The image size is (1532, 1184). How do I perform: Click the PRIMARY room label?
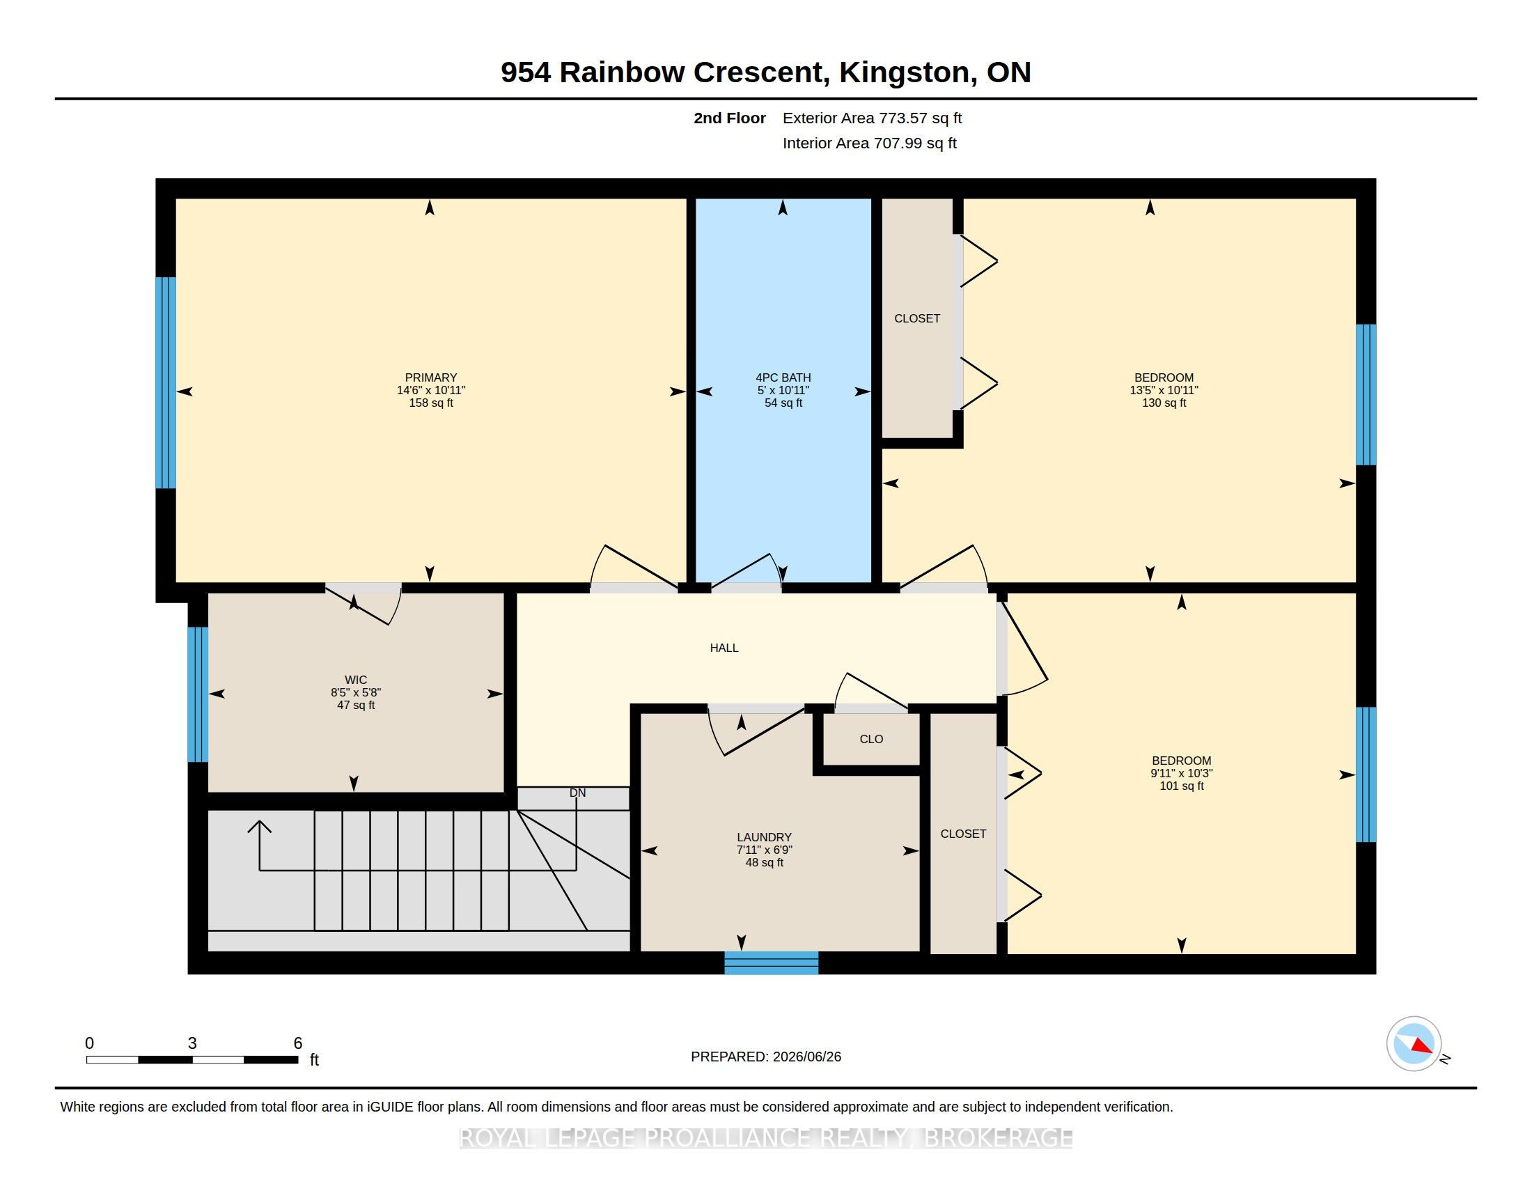click(x=430, y=377)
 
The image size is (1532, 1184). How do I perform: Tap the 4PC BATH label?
click(x=783, y=377)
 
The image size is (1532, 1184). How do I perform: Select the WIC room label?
click(x=356, y=680)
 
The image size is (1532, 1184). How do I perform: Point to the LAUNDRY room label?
click(x=764, y=836)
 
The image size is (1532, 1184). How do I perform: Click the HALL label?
click(x=724, y=648)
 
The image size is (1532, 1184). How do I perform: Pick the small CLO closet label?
click(x=871, y=738)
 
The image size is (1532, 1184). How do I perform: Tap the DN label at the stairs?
click(x=577, y=793)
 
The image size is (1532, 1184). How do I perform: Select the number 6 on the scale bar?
click(x=297, y=1043)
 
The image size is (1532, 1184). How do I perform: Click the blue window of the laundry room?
click(x=771, y=963)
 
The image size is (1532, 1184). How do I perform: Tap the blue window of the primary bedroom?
click(x=166, y=382)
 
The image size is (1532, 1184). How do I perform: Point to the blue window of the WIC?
click(x=198, y=694)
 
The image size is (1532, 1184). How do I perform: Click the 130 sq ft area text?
click(x=1164, y=403)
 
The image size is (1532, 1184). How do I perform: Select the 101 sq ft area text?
click(x=1181, y=786)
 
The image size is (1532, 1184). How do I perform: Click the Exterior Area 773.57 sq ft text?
click(x=872, y=118)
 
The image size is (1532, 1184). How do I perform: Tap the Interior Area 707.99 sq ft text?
click(x=869, y=143)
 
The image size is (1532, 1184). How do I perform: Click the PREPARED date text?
click(x=766, y=1057)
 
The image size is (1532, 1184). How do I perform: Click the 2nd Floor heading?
click(x=730, y=118)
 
